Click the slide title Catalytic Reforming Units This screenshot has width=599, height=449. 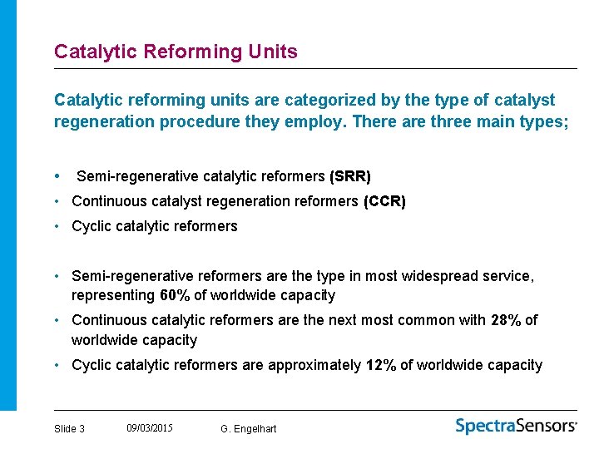pyautogui.click(x=176, y=52)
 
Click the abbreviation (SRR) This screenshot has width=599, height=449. pyautogui.click(x=350, y=176)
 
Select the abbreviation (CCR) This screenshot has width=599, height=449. pyautogui.click(x=384, y=201)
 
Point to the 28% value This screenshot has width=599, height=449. pyautogui.click(x=505, y=320)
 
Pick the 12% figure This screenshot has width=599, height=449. pyautogui.click(x=380, y=365)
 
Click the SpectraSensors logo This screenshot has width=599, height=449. pyautogui.click(x=516, y=426)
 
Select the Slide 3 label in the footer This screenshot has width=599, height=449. pyautogui.click(x=69, y=429)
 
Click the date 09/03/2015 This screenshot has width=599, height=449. pyautogui.click(x=150, y=428)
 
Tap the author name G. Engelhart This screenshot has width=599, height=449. pyautogui.click(x=249, y=429)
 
